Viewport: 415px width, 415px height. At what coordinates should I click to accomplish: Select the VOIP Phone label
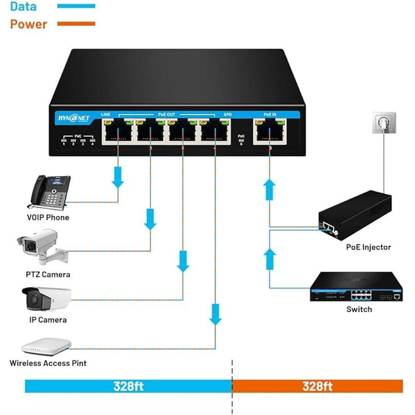pos(48,217)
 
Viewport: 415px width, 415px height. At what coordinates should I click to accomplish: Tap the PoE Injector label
pos(368,247)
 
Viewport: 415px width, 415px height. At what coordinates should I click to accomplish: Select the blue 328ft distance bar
pos(128,386)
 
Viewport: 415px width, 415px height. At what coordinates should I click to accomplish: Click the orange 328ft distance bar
pos(317,386)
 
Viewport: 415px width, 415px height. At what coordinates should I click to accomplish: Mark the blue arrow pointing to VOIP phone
pos(118,177)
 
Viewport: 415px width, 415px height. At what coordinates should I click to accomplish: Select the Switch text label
pos(359,310)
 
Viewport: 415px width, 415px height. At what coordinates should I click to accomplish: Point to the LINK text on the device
pos(105,114)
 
